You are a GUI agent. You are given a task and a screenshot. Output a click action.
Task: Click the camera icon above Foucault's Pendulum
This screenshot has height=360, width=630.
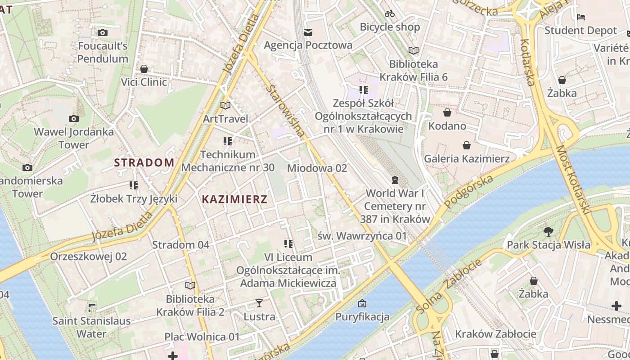point(103,32)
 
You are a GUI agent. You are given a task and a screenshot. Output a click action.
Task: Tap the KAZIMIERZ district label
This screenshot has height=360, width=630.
point(234,199)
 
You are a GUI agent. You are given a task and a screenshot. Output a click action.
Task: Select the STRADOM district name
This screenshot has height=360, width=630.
point(144,162)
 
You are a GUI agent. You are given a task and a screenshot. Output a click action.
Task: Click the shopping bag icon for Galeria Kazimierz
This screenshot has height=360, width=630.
point(467,145)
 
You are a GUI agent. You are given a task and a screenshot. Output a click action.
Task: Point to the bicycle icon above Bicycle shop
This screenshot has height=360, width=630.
point(390,13)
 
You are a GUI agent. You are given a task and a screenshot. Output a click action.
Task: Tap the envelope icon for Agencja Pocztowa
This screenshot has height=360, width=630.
point(308,32)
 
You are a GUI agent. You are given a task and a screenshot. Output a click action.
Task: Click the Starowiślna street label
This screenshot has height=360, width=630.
point(285,111)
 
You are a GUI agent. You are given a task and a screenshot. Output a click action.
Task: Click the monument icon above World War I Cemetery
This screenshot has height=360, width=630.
point(395,180)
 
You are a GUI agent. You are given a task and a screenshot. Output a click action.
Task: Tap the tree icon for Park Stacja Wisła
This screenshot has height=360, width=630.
point(548,232)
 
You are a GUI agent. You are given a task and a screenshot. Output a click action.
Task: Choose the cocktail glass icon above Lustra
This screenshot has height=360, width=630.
point(259,303)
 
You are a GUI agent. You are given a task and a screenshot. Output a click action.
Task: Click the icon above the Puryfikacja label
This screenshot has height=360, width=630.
point(362,303)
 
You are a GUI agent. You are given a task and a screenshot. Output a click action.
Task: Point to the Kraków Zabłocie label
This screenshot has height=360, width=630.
point(495,334)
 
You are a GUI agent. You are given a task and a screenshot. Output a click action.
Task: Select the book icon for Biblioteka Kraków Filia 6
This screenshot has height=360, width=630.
point(413,50)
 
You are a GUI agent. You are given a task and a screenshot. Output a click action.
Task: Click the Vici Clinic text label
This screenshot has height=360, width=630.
point(144,82)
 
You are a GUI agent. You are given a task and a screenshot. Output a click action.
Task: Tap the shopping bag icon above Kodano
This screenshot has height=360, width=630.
point(447,112)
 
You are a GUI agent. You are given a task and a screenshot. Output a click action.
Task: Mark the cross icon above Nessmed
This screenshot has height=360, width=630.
point(616,306)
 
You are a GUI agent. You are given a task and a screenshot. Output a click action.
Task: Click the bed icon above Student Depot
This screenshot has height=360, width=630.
point(580,17)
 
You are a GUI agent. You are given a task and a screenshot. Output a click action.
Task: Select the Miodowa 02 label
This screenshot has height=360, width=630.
point(317,168)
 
